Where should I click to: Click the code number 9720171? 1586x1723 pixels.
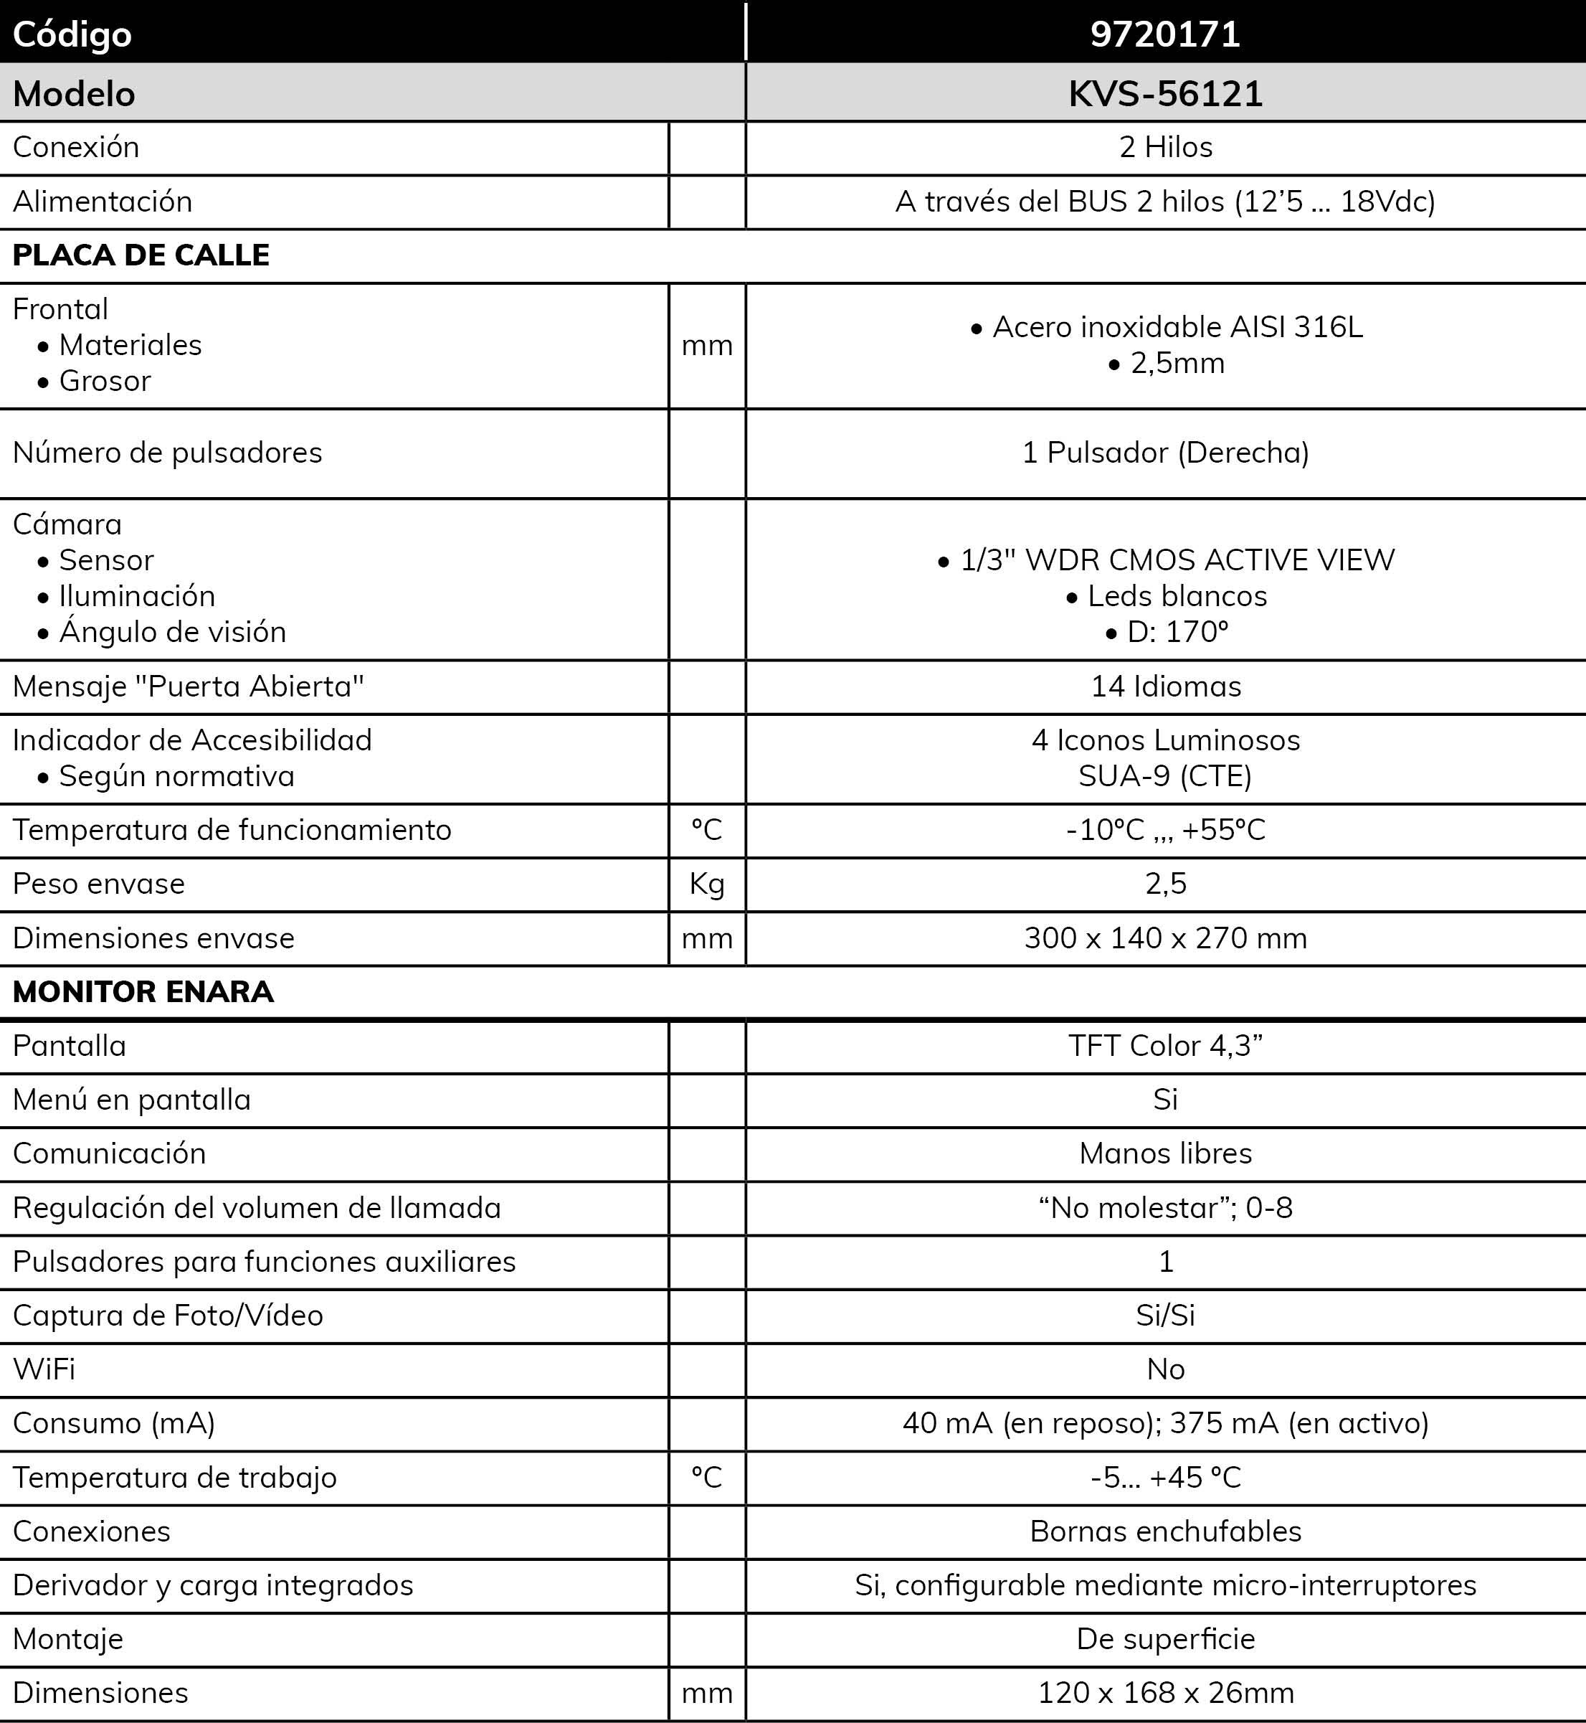pos(1164,34)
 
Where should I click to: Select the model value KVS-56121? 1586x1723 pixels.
pos(1164,93)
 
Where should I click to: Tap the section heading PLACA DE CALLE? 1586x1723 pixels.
pos(141,255)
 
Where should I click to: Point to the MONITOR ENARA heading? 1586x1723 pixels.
pos(143,991)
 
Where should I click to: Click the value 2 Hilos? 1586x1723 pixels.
pos(1165,148)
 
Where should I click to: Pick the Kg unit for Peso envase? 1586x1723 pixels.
pos(706,884)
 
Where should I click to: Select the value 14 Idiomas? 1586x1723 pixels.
pos(1165,686)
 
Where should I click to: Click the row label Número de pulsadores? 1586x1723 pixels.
pos(167,453)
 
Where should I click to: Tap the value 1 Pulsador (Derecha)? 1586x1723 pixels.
pos(1165,453)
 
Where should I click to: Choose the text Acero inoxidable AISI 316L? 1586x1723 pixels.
pos(1177,327)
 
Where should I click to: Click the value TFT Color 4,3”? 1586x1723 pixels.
pos(1165,1046)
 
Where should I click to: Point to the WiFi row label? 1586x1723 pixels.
pos(44,1369)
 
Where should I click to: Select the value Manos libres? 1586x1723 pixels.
pos(1165,1153)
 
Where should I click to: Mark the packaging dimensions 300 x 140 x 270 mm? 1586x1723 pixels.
pos(1165,938)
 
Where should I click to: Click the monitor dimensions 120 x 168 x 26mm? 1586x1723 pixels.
pos(1165,1692)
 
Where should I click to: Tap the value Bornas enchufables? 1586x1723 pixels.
pos(1165,1531)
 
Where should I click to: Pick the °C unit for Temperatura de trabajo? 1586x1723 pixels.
pos(706,1477)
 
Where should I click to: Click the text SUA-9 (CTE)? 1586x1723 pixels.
pos(1164,776)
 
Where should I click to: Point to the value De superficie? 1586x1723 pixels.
pos(1165,1638)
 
